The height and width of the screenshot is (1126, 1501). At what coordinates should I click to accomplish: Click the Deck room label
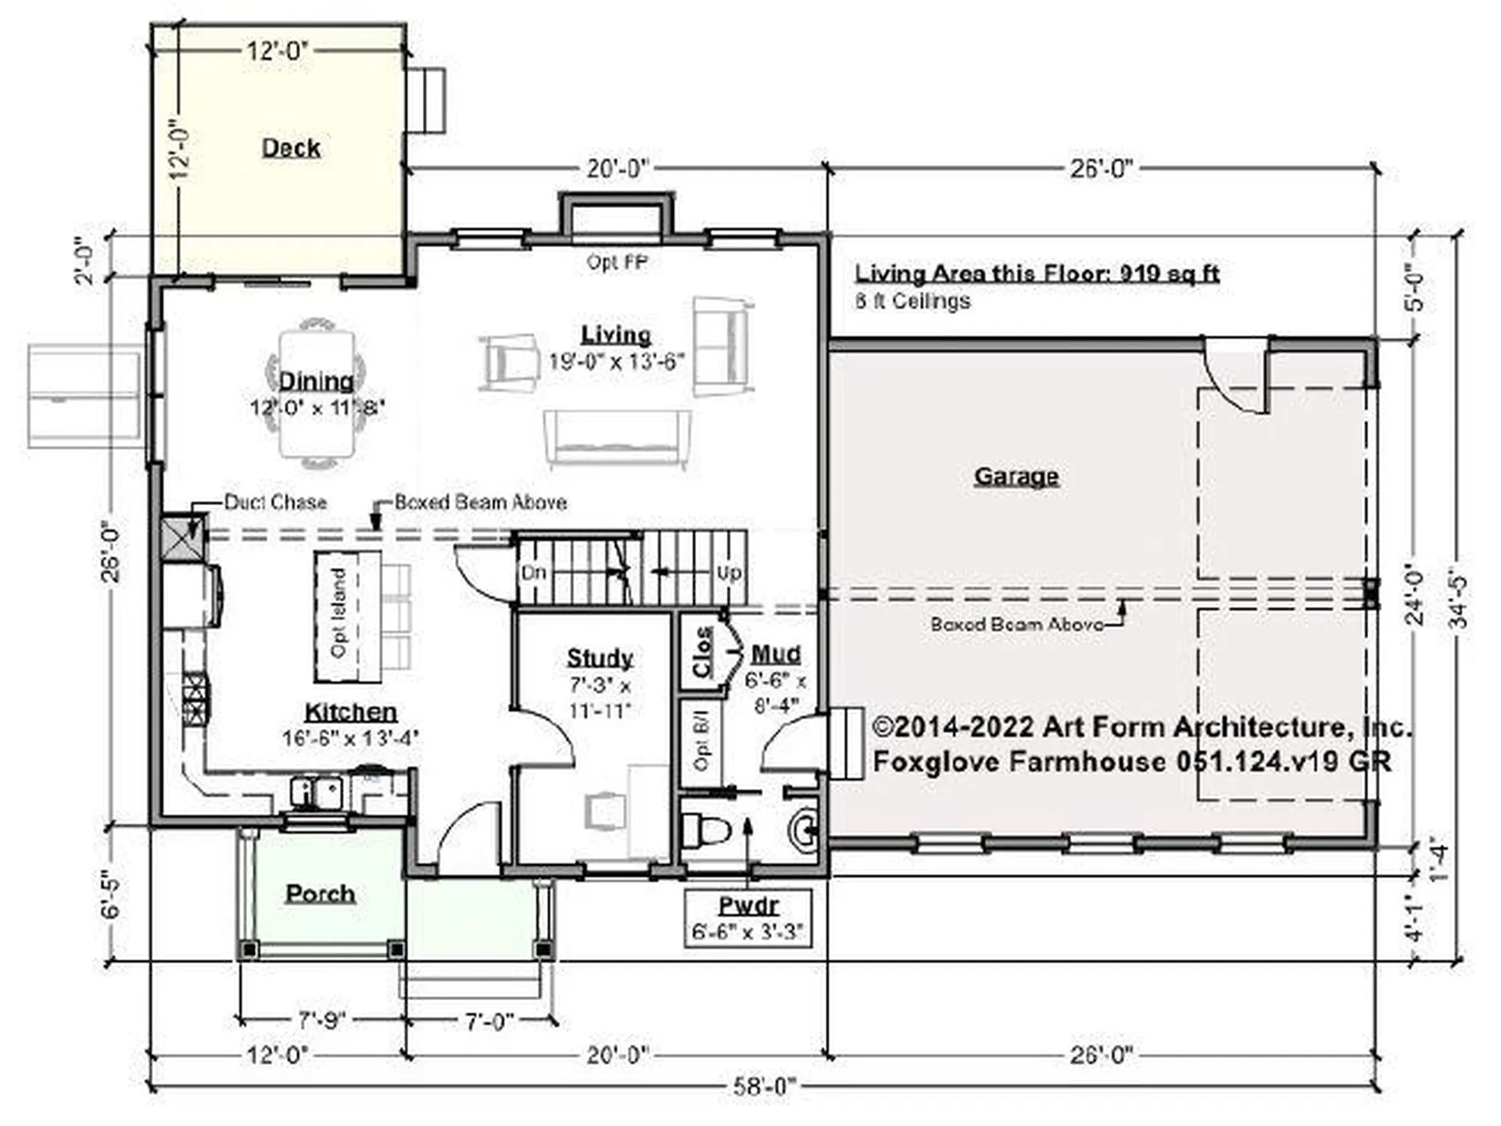[x=291, y=148]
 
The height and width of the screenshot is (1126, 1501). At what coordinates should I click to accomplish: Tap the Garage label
[x=1016, y=476]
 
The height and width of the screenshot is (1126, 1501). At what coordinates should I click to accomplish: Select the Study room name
[x=600, y=658]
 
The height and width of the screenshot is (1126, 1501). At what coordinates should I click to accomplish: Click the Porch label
[x=320, y=894]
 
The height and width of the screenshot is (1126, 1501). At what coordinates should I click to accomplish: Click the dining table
[x=317, y=394]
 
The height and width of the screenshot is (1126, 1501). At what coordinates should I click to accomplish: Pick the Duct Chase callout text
[x=275, y=502]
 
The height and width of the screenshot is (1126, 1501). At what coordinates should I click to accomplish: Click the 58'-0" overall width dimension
[x=763, y=1087]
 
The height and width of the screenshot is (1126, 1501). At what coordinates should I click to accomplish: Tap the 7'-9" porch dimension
[x=321, y=1021]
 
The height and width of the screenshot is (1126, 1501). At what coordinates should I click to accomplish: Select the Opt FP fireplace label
[x=617, y=263]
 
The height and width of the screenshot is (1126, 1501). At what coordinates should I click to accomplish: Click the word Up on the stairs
[x=729, y=573]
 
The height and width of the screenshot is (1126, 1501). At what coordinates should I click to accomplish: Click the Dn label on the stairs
[x=533, y=573]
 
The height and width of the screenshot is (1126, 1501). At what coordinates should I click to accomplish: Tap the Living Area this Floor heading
[x=1037, y=274]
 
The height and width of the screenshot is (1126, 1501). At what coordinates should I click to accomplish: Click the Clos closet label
[x=702, y=653]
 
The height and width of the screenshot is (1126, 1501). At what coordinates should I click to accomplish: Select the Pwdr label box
[x=748, y=918]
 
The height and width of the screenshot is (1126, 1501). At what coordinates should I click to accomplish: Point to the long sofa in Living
[x=617, y=439]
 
